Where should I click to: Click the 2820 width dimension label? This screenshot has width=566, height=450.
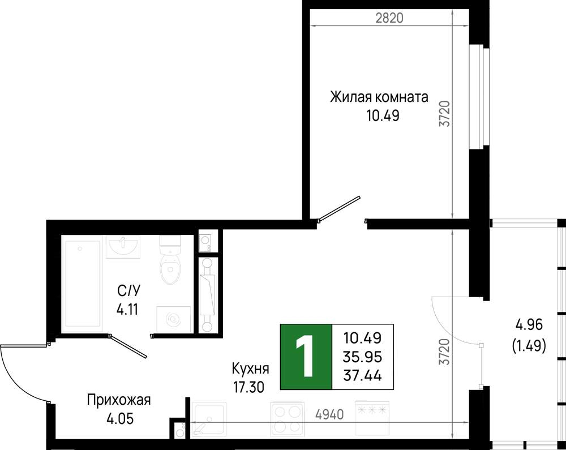389,18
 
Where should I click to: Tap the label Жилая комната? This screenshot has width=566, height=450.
379,97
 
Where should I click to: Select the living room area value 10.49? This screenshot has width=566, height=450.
383,116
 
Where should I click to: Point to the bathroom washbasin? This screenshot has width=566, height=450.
123,247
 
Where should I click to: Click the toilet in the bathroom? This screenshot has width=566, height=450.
170,260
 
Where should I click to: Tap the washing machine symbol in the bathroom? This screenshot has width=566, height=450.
173,319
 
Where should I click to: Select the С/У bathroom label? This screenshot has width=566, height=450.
128,290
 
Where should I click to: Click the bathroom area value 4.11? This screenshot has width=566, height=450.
127,309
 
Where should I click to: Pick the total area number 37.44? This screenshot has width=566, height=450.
362,376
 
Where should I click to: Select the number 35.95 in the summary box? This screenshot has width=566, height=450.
362,357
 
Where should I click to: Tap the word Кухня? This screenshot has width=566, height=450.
250,369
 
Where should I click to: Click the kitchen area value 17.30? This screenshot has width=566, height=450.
249,388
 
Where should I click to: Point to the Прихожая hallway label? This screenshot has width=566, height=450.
119,400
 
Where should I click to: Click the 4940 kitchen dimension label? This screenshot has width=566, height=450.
329,415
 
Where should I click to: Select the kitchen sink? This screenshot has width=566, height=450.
209,419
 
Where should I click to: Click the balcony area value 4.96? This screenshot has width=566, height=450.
529,325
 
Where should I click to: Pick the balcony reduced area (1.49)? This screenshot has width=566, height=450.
529,346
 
